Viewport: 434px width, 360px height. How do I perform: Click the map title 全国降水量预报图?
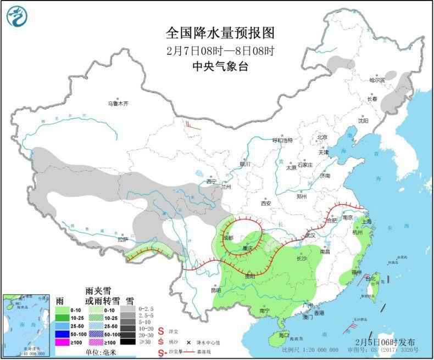click(220, 33)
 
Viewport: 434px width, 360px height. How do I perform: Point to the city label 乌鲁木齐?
click(118, 103)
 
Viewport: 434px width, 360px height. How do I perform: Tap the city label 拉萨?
click(123, 239)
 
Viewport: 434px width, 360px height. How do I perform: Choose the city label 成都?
click(228, 238)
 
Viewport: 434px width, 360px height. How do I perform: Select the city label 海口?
click(283, 334)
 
